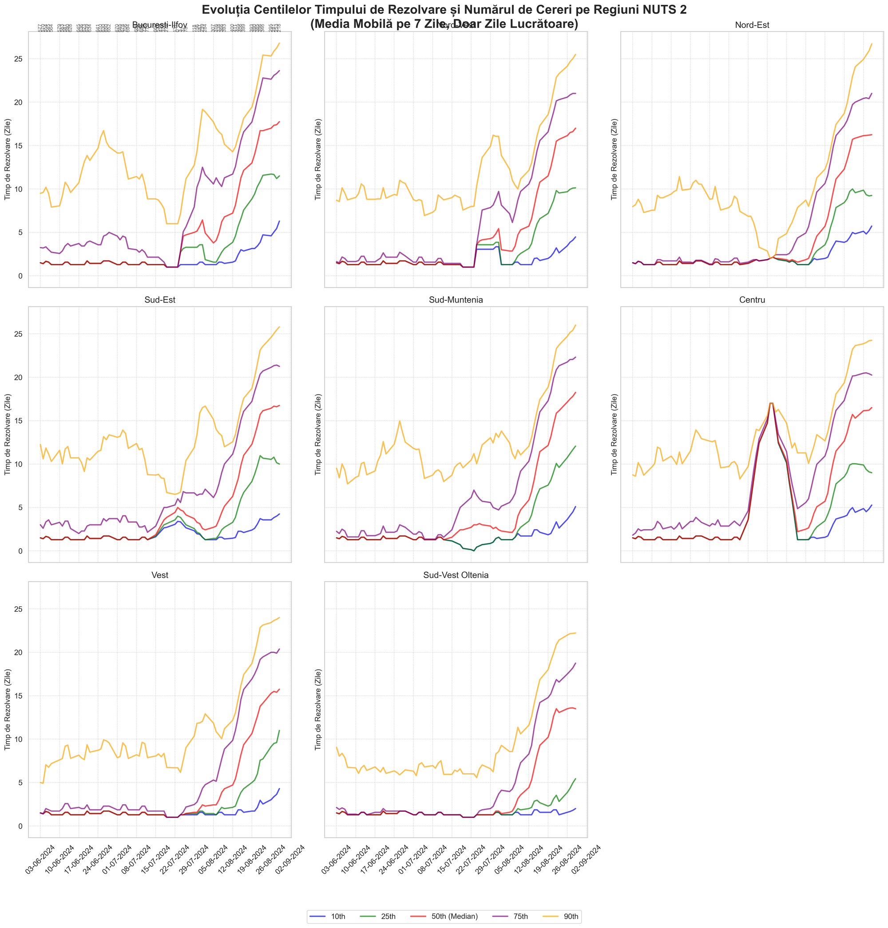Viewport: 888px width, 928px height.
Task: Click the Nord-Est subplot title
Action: (x=752, y=25)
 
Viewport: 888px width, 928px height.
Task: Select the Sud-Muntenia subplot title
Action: (x=456, y=300)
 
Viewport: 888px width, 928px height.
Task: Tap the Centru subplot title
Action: (x=752, y=300)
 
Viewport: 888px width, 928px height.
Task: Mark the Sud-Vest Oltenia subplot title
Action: (x=456, y=575)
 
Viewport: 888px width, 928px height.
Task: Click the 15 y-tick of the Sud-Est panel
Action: (x=21, y=421)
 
